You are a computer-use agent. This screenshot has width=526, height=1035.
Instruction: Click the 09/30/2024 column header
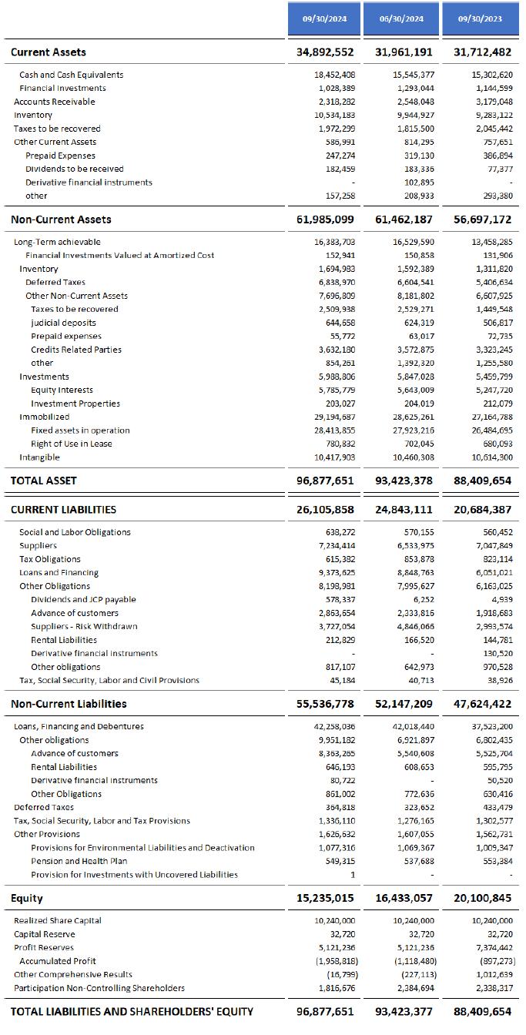(x=325, y=18)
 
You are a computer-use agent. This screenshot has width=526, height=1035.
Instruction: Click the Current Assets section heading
(x=49, y=52)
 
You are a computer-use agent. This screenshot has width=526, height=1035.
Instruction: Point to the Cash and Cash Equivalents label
(x=71, y=75)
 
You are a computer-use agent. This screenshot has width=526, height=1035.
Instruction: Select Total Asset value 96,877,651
(x=325, y=481)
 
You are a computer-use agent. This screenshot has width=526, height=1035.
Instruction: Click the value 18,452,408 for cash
(x=334, y=75)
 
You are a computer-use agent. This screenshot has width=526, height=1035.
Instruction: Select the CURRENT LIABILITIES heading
(x=63, y=510)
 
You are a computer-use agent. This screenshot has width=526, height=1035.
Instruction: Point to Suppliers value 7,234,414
(x=336, y=546)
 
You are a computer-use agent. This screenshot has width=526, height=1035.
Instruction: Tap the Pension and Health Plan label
(x=79, y=861)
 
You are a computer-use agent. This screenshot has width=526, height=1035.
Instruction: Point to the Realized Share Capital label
(x=58, y=921)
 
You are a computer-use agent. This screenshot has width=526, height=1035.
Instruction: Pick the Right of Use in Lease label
(x=71, y=444)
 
